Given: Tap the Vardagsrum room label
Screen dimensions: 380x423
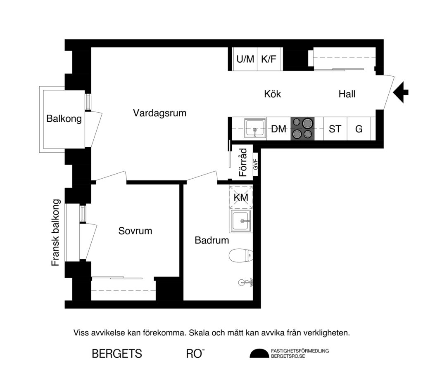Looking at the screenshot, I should [159, 113].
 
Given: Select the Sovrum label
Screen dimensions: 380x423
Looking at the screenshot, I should [135, 231].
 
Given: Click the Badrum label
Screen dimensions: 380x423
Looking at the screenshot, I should [211, 240].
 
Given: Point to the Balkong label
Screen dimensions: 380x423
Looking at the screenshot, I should [64, 119].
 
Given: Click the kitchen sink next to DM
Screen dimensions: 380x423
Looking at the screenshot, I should [254, 128].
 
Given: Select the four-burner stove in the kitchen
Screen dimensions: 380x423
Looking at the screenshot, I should [302, 128].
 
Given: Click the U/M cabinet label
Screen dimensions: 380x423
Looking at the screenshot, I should [245, 59].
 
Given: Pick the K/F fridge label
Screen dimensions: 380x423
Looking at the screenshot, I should [269, 59].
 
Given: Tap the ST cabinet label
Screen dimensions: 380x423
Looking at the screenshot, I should [335, 129].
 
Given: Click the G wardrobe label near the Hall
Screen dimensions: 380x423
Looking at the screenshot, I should [359, 129].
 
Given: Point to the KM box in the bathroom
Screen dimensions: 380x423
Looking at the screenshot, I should [240, 198].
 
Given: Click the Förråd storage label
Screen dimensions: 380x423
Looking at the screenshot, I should [243, 163].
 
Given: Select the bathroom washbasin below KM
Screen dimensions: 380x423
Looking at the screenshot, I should [241, 221].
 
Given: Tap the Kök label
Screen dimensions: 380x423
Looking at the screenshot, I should [272, 94].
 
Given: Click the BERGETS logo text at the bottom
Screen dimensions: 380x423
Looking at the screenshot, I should [117, 354].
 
